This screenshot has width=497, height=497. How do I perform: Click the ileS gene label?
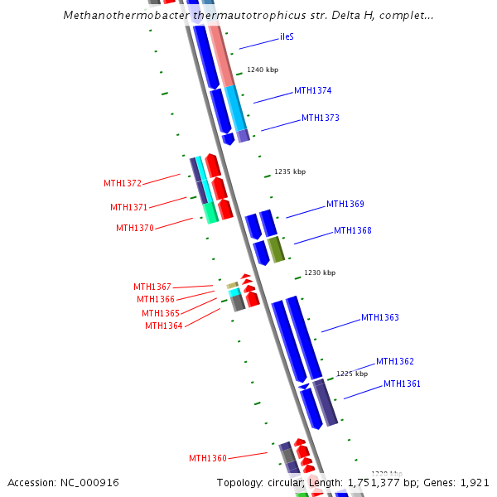point(287,37)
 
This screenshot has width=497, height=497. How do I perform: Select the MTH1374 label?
point(312,91)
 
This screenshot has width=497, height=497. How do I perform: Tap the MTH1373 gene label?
point(320,118)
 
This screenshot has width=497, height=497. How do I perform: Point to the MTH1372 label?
point(123,184)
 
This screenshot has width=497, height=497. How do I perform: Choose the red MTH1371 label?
point(129,207)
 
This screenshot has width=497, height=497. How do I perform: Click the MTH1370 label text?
point(135,229)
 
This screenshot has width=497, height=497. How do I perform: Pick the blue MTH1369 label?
point(345,205)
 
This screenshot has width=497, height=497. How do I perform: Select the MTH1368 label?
point(352,231)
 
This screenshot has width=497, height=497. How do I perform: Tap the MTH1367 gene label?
point(152,287)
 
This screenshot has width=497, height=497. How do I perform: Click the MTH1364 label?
point(164,326)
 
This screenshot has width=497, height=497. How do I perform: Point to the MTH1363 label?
point(379,318)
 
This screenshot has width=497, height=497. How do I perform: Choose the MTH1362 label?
point(395,362)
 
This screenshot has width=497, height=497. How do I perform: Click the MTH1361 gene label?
point(402,384)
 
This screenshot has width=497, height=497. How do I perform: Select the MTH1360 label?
point(208,459)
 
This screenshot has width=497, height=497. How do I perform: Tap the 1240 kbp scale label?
point(263,70)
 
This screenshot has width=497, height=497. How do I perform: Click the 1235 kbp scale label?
point(290,172)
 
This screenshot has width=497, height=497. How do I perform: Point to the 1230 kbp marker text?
point(320,273)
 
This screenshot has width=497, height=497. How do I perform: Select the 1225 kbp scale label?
point(352,374)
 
